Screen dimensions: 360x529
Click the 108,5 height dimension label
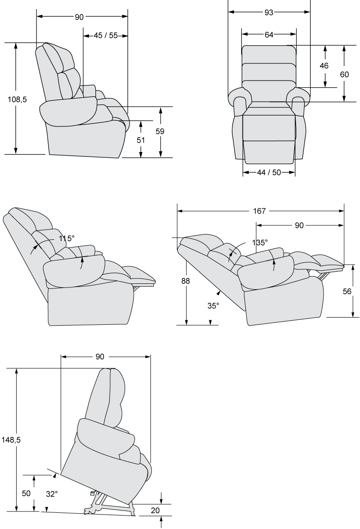[x=17, y=99]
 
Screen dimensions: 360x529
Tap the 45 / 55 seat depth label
[x=106, y=36]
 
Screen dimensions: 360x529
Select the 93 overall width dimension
[x=269, y=13]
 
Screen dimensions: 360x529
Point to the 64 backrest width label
[x=269, y=34]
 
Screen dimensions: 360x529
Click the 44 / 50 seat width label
[x=269, y=172]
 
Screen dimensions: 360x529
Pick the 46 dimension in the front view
[x=324, y=66]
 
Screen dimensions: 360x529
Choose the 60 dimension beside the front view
[x=344, y=74]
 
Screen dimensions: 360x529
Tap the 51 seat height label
[x=141, y=139]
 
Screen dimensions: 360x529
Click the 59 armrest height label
[x=160, y=131]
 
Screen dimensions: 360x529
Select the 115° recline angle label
[x=67, y=238]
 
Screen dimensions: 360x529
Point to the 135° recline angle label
[x=260, y=242]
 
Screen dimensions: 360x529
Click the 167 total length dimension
[x=260, y=211]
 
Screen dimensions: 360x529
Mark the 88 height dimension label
[x=185, y=281]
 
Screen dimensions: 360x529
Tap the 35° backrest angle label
[x=213, y=306]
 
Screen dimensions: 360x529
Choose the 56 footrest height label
[x=347, y=291]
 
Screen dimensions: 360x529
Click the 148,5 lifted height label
[x=11, y=440]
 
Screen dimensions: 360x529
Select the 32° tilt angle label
[x=52, y=494]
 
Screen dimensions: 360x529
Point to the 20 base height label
[x=155, y=511]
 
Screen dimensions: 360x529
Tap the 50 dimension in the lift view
[x=26, y=493]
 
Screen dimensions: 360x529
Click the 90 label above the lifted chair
[x=100, y=357]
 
